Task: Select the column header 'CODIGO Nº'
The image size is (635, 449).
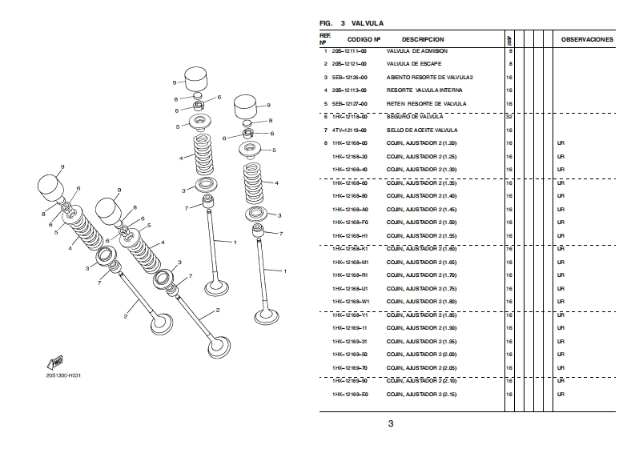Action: pos(363,39)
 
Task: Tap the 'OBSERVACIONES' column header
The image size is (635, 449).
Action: pos(587,39)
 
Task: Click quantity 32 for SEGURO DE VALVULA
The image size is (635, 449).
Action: pos(510,117)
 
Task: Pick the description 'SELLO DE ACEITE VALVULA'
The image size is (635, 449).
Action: pos(422,130)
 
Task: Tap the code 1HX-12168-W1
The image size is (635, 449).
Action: pos(350,302)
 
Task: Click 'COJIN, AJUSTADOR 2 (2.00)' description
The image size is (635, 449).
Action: pos(421,355)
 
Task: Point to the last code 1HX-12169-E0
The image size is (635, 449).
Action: pos(350,395)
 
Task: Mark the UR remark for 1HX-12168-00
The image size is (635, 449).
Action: pos(561,143)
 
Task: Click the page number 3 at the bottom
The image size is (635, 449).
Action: pos(391,423)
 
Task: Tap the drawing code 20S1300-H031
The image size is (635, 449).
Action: pos(64,375)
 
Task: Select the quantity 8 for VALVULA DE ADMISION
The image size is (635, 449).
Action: pos(511,51)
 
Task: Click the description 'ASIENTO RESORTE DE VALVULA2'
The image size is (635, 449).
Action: pos(430,78)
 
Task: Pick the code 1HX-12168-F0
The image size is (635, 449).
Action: pos(350,222)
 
